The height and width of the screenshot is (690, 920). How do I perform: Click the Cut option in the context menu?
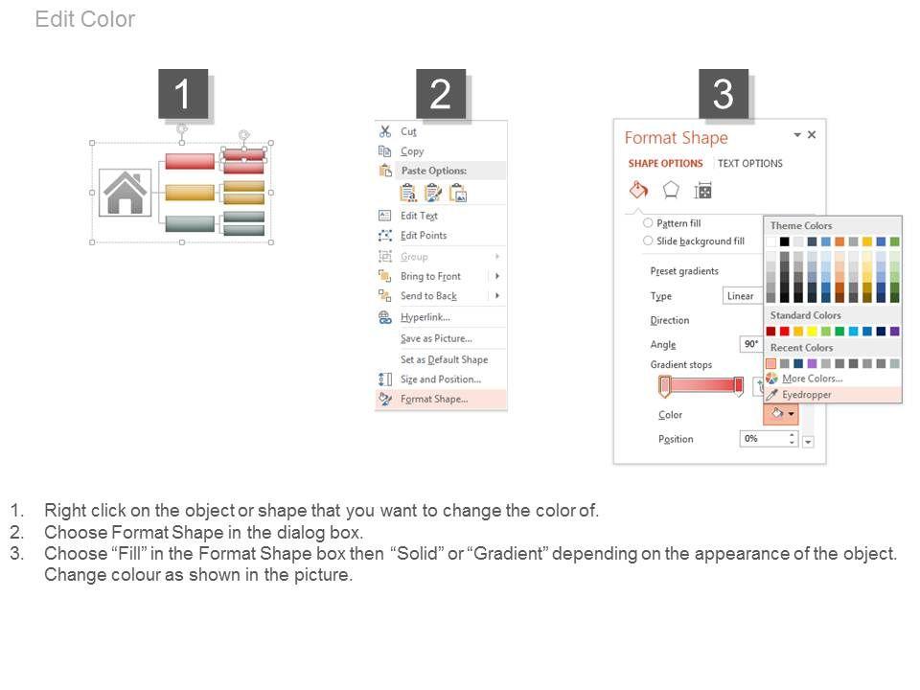[408, 131]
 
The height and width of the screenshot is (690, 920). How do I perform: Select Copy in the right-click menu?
[412, 151]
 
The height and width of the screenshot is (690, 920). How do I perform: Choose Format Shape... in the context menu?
[434, 399]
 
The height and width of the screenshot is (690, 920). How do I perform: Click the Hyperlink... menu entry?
[425, 317]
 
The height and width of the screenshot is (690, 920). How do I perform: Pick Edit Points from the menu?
[424, 236]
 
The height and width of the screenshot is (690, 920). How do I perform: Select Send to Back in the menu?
[428, 296]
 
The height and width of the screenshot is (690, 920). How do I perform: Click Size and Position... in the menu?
[441, 379]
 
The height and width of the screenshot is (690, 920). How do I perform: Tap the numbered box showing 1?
[183, 93]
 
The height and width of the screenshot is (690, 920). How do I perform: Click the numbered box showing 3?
[723, 93]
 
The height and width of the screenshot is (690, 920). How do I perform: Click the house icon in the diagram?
[125, 193]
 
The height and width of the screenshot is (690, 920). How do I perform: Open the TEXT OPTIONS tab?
[749, 163]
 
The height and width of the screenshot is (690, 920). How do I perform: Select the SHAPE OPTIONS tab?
[665, 163]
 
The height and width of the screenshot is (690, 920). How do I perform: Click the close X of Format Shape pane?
[812, 134]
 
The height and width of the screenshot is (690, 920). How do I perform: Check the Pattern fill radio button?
[648, 223]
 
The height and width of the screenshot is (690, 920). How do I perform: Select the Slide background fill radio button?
[648, 241]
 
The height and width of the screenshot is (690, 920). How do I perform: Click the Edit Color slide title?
[85, 19]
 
